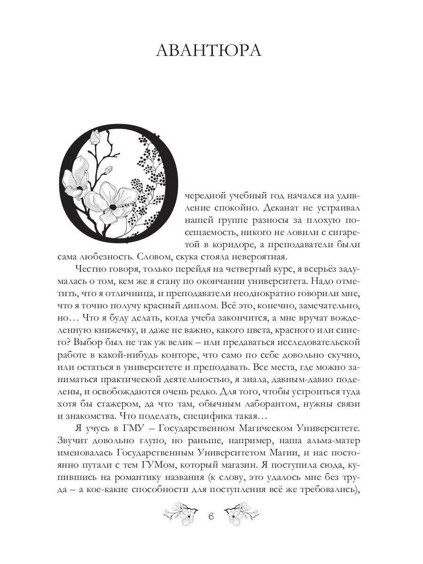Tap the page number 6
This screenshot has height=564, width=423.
(x=211, y=517)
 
